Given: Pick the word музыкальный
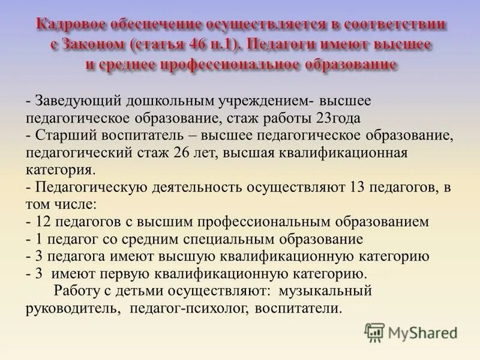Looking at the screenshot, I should [x=329, y=292].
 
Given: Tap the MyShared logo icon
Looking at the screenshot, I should [x=374, y=332].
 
